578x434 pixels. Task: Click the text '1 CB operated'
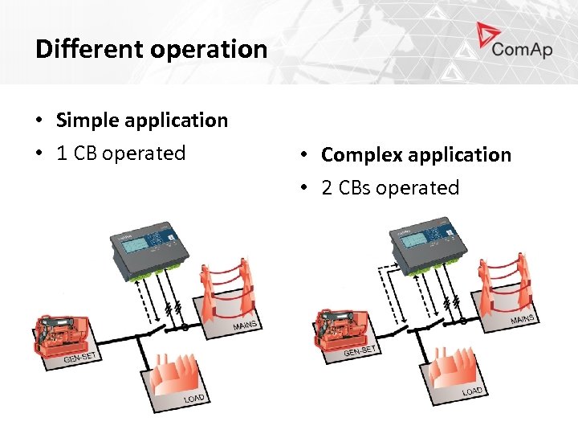pyautogui.click(x=121, y=154)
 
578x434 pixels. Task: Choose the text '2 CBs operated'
pyautogui.click(x=390, y=188)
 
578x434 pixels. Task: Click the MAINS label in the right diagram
pyautogui.click(x=523, y=318)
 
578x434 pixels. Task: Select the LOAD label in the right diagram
pyautogui.click(x=472, y=391)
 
